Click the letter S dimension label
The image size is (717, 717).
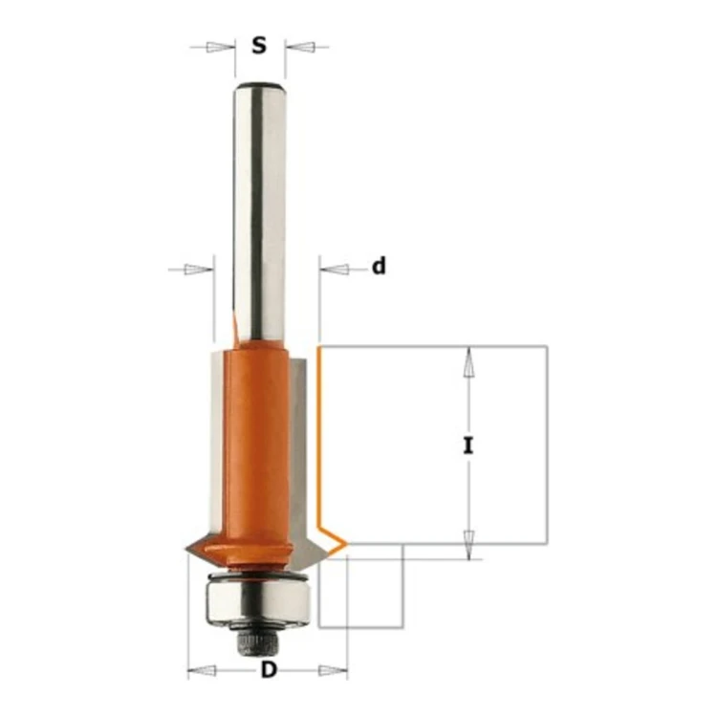click(259, 45)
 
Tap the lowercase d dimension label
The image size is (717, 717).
click(379, 266)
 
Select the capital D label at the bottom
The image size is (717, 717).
click(269, 670)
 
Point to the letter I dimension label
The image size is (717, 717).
click(467, 445)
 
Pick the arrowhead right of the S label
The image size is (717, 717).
click(299, 47)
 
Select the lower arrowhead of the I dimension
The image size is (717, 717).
click(468, 545)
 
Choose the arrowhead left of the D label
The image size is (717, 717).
click(202, 671)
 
